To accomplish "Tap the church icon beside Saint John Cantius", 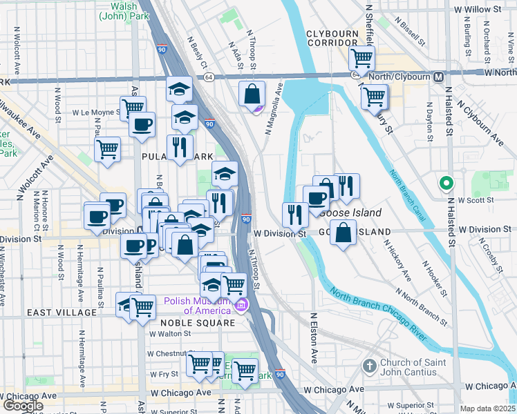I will [370, 365].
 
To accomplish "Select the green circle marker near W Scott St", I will [446, 184].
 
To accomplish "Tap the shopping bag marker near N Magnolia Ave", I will [253, 93].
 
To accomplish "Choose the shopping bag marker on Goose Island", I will [343, 233].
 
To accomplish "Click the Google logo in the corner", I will [23, 406].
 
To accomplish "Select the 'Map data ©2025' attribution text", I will [487, 408].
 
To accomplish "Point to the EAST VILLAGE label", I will [62, 313].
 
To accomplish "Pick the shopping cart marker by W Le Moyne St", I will [132, 108].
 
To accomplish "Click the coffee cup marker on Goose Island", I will [317, 198].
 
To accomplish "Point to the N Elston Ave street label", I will [314, 338].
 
